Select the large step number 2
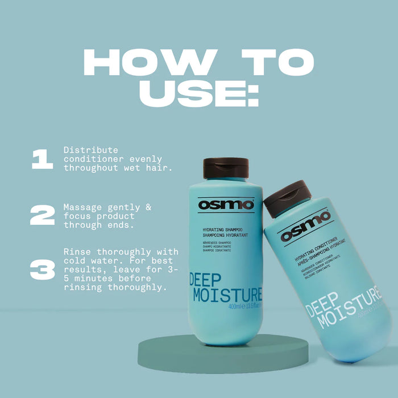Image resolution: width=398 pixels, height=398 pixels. pos(42,215)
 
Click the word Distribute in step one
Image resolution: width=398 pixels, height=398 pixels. pos(89,150)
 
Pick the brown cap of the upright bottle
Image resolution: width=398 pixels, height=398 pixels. pos(226,168)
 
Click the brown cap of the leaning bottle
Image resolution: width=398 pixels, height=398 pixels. pos(287,197)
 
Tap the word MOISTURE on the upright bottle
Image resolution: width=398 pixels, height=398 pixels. pos(227,295)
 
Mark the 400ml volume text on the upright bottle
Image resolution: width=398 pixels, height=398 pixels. pos(237,307)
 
